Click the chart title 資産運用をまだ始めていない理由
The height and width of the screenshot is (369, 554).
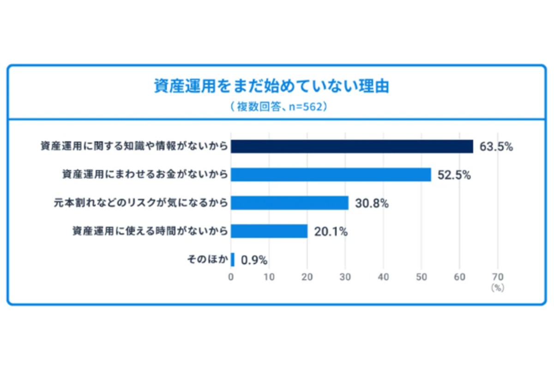coord(271,86)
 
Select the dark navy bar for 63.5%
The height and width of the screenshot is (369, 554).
coord(352,146)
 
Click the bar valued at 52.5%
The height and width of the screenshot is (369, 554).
coord(331,175)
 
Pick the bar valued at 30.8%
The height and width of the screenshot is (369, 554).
coord(289,203)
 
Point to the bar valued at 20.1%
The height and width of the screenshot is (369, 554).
coord(269,231)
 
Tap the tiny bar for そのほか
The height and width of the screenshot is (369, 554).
coord(233,260)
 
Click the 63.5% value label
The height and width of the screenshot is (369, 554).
coord(496,147)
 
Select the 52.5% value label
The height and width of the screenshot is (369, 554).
coord(454,175)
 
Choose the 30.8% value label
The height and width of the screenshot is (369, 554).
coord(372,203)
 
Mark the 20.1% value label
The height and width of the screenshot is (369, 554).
coord(331,232)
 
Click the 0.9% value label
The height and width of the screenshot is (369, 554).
coord(254,260)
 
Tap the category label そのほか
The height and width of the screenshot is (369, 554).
coord(207,260)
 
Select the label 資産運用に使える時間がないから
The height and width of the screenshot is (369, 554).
coord(150,231)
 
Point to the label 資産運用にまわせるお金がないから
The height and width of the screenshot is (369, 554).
coord(145,175)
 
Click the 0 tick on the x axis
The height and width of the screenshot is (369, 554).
coord(231,277)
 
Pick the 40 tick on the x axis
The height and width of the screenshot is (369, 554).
coord(383,277)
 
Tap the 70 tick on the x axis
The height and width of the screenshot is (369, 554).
coord(498,277)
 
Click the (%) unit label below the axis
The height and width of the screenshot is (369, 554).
coord(497,287)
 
